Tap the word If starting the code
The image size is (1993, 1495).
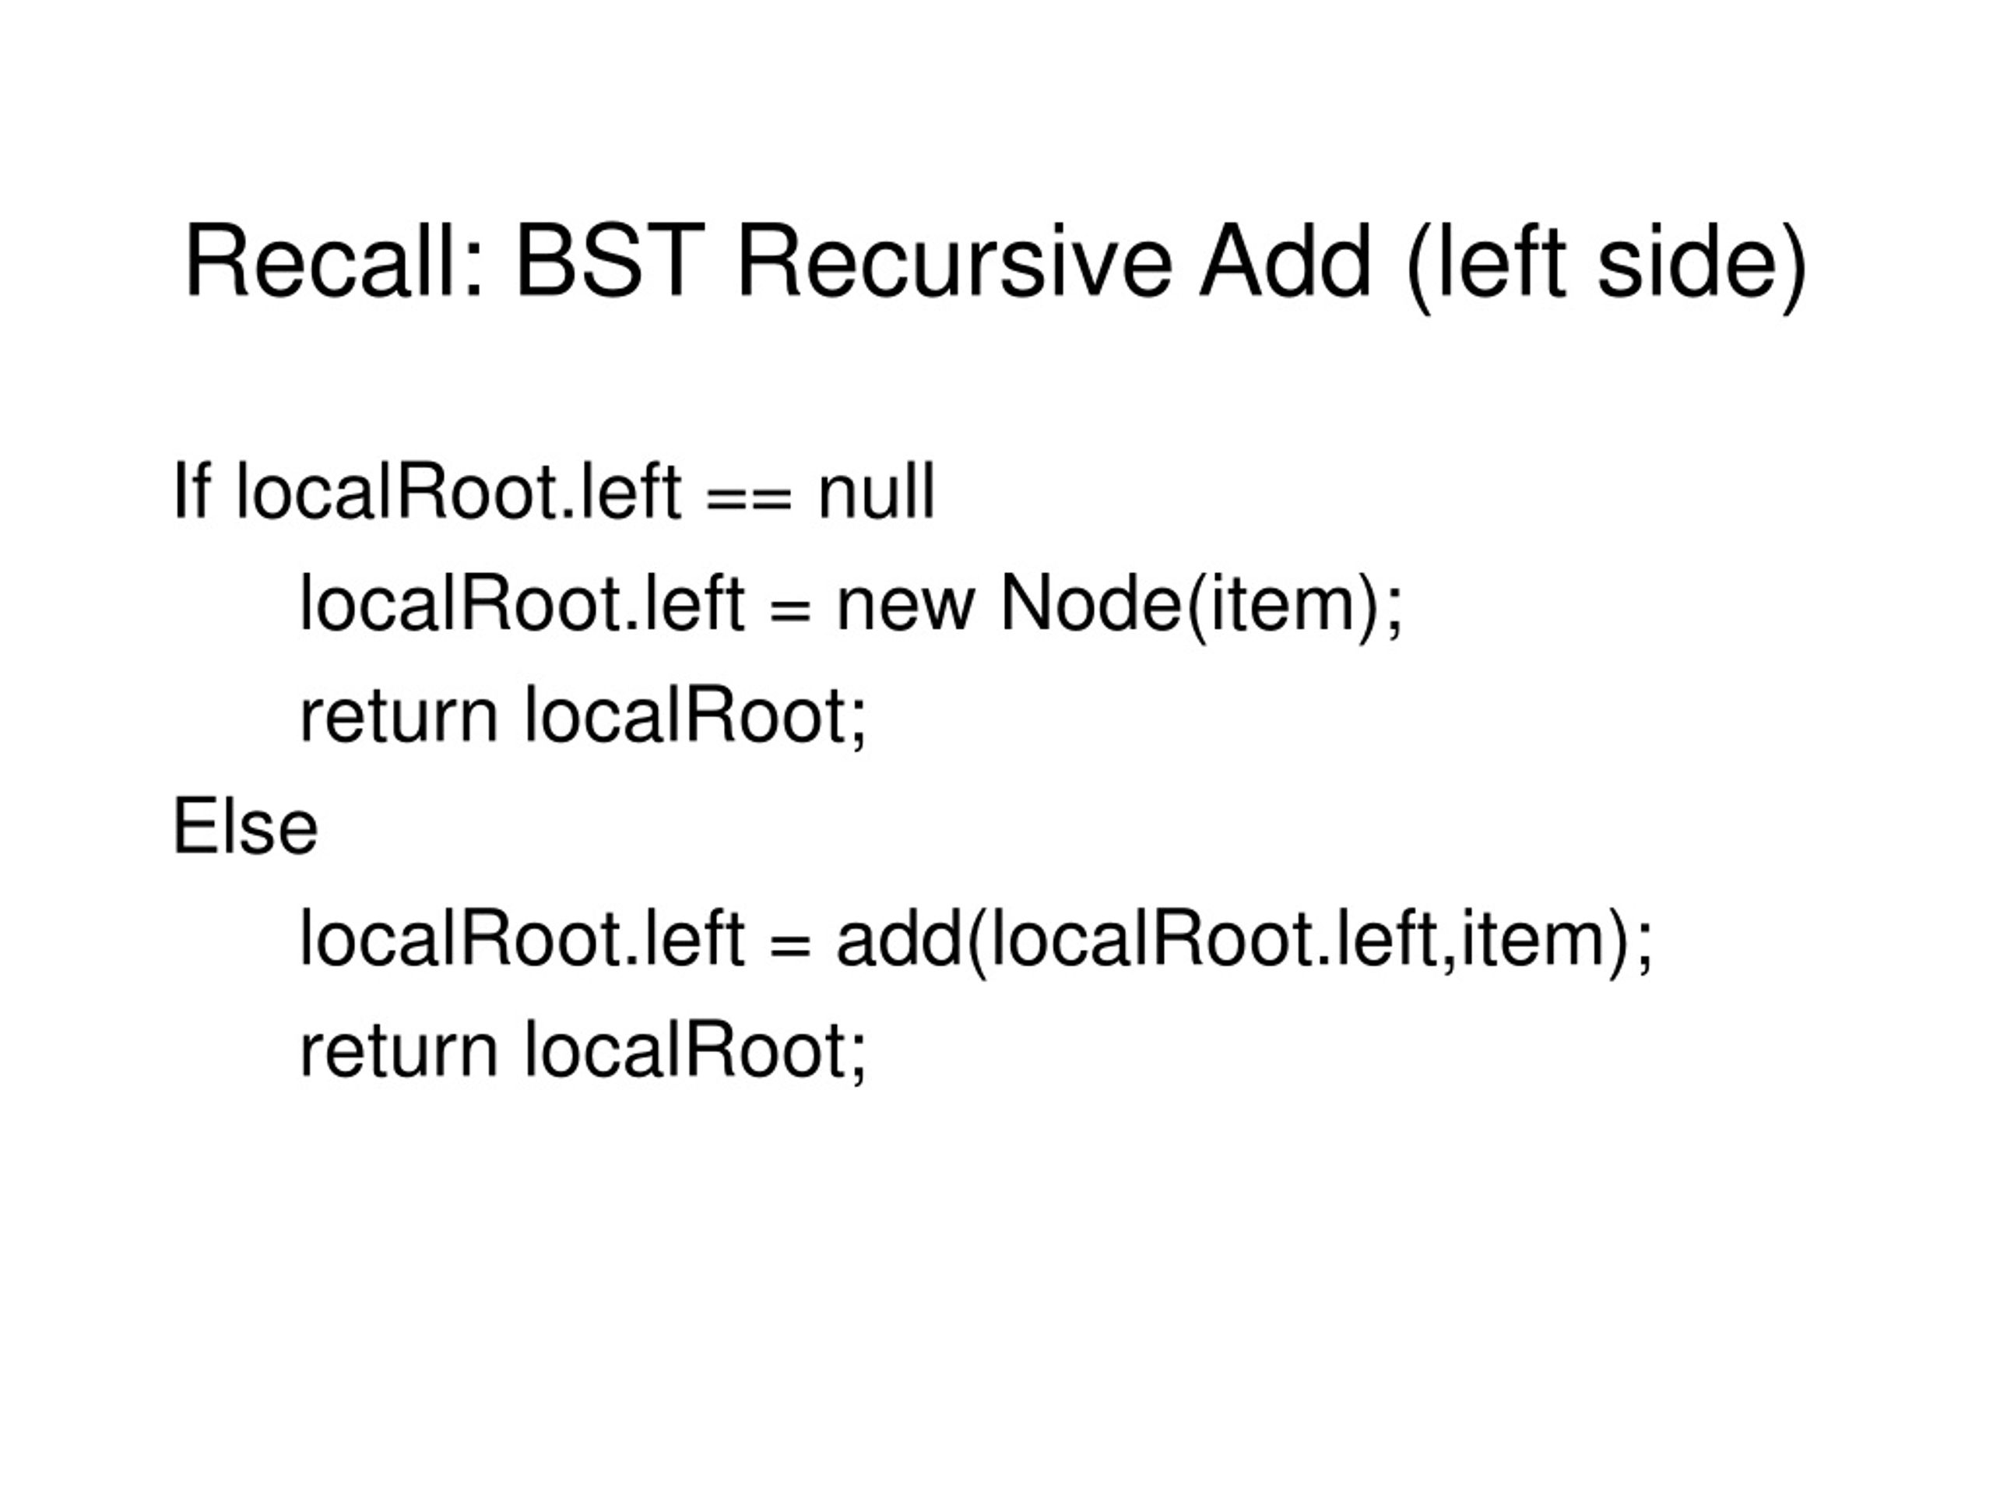[192, 491]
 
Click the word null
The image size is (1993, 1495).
[877, 491]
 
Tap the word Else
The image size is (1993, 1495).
[245, 826]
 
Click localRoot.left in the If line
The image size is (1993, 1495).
[459, 491]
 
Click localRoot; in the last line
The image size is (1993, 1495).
[695, 1052]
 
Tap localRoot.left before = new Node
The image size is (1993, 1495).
[522, 603]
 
